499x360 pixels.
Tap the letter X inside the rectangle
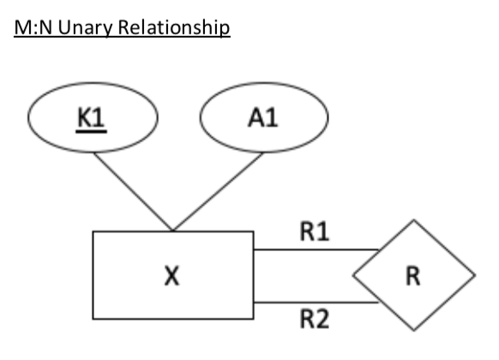click(x=172, y=278)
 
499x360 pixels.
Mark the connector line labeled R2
click(x=317, y=303)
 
